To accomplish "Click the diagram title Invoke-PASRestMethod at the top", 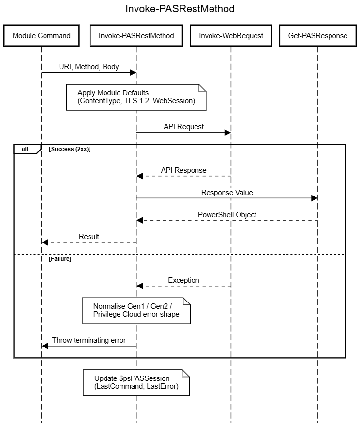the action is click(x=180, y=9).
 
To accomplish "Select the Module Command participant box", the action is click(x=42, y=36).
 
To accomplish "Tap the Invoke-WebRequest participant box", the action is click(x=231, y=36).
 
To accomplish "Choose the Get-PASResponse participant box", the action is click(x=318, y=36).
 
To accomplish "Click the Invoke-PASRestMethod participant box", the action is click(x=136, y=36).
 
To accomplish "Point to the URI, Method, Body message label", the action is click(x=89, y=67).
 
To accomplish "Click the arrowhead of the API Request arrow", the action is click(x=227, y=133).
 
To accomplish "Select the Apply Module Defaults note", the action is click(x=136, y=97).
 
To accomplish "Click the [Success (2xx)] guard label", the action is click(x=70, y=149).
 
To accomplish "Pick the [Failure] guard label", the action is click(x=60, y=259).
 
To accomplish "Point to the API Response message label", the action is click(x=184, y=170).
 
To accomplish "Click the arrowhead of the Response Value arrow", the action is click(x=315, y=198).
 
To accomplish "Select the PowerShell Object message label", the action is click(x=227, y=215).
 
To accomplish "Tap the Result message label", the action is click(x=89, y=237).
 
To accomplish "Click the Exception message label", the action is click(x=184, y=280).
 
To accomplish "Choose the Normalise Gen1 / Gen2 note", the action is click(x=136, y=311).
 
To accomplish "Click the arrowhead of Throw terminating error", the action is click(x=45, y=346).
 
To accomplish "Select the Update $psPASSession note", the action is click(x=136, y=382).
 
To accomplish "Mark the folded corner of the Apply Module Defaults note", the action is click(x=203, y=88).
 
